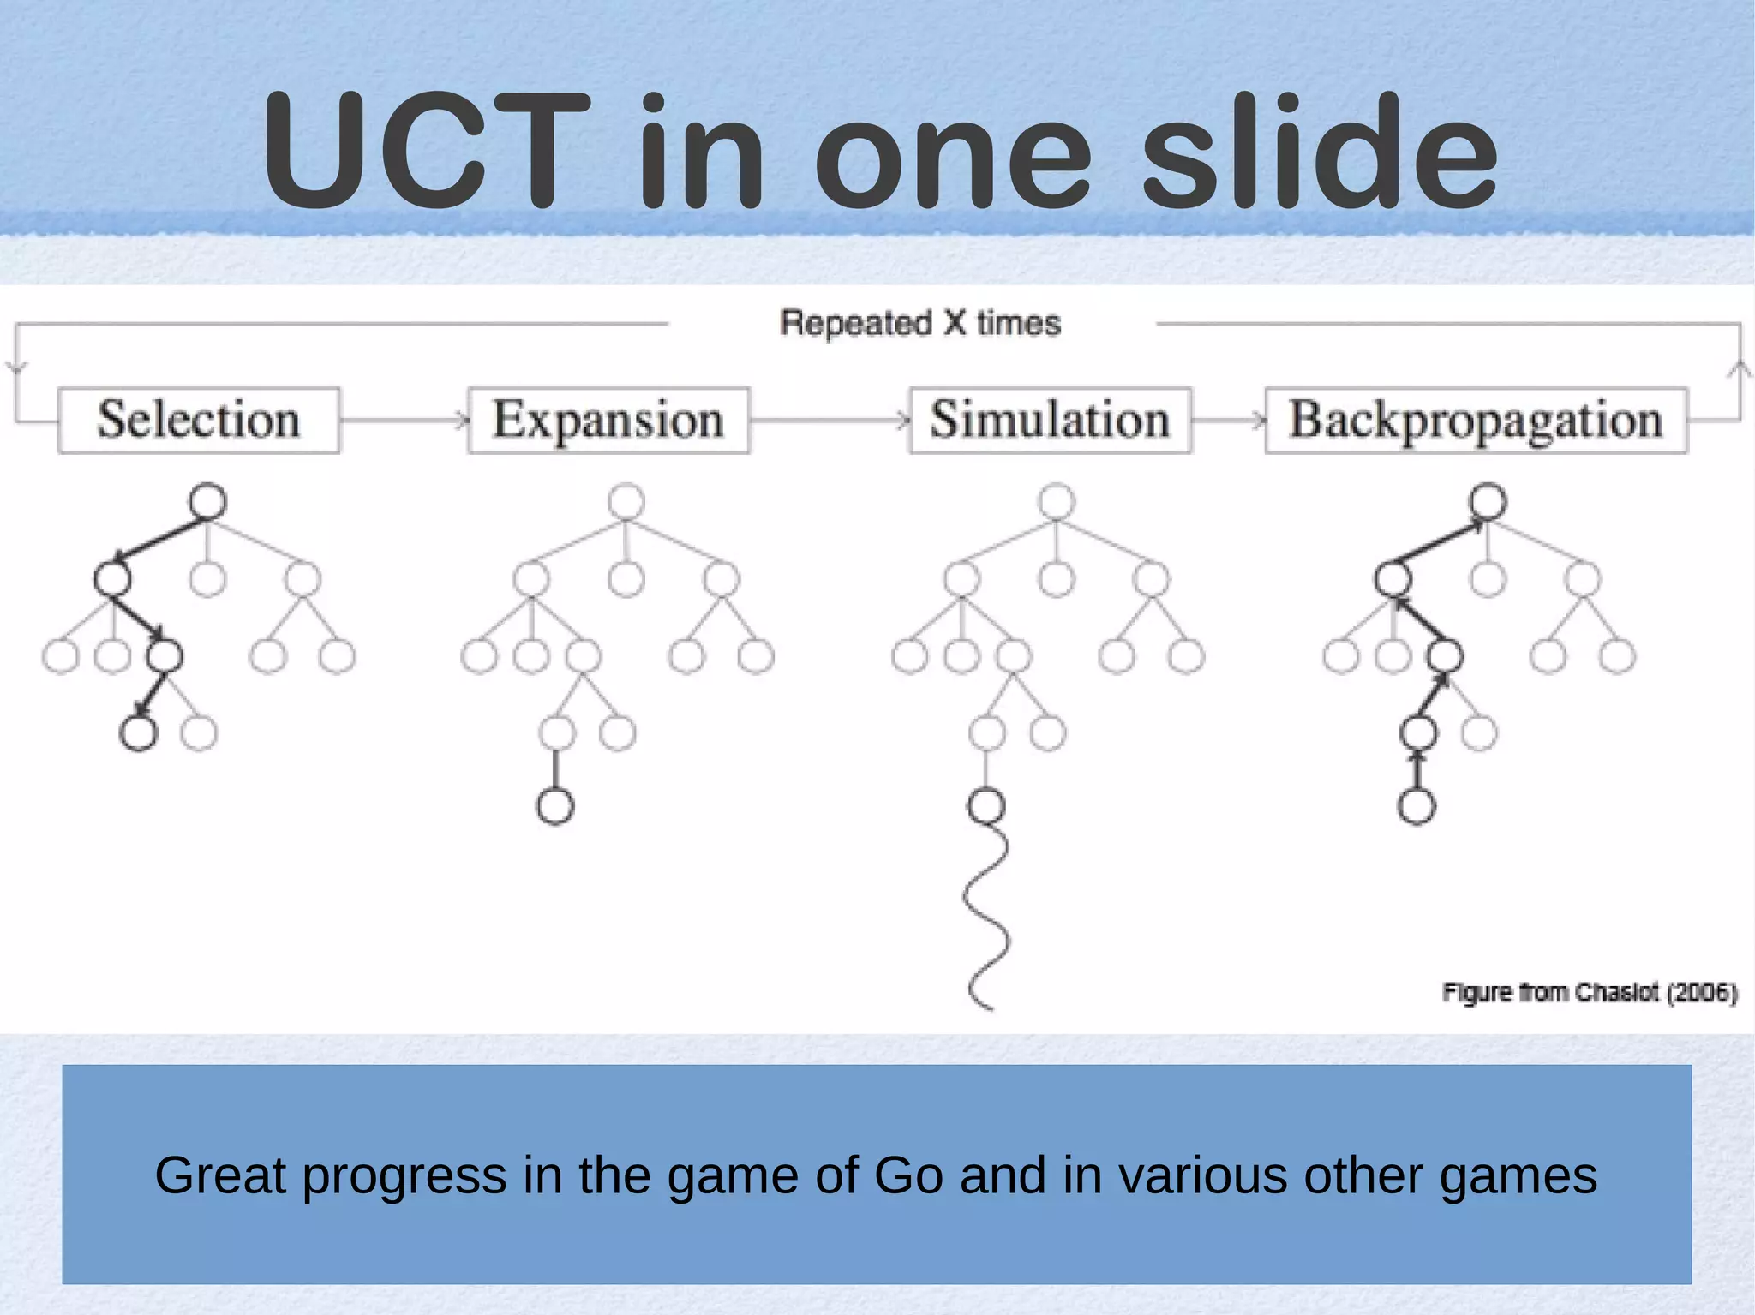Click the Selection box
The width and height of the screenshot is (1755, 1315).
coord(199,420)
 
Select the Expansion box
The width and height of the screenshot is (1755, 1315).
coord(608,420)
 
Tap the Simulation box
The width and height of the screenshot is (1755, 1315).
coord(1050,420)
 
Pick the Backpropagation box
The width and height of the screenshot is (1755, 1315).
coord(1476,420)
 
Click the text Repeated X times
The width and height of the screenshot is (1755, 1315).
coord(919,323)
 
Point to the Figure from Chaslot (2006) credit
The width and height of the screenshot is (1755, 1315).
coord(1590,992)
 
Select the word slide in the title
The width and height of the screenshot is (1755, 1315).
coord(1320,152)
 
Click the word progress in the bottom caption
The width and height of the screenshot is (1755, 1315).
coord(404,1175)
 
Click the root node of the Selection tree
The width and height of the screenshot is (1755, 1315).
coord(207,501)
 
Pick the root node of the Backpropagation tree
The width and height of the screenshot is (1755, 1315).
coord(1488,501)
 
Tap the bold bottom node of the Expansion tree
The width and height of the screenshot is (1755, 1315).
coord(555,806)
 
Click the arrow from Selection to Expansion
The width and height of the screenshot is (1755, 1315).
coord(403,420)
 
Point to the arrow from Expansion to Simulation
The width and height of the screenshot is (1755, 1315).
coord(829,420)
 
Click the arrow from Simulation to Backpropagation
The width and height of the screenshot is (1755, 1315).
coord(1228,420)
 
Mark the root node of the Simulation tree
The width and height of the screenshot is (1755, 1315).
coord(1056,501)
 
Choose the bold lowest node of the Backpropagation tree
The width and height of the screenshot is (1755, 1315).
coord(1417,806)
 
